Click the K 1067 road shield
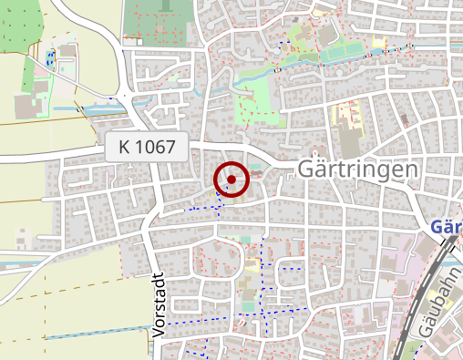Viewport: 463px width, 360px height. (x=147, y=147)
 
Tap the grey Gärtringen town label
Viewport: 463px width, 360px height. (x=358, y=170)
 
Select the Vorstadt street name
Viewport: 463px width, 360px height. (x=158, y=305)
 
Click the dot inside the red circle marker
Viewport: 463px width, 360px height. (x=231, y=180)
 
